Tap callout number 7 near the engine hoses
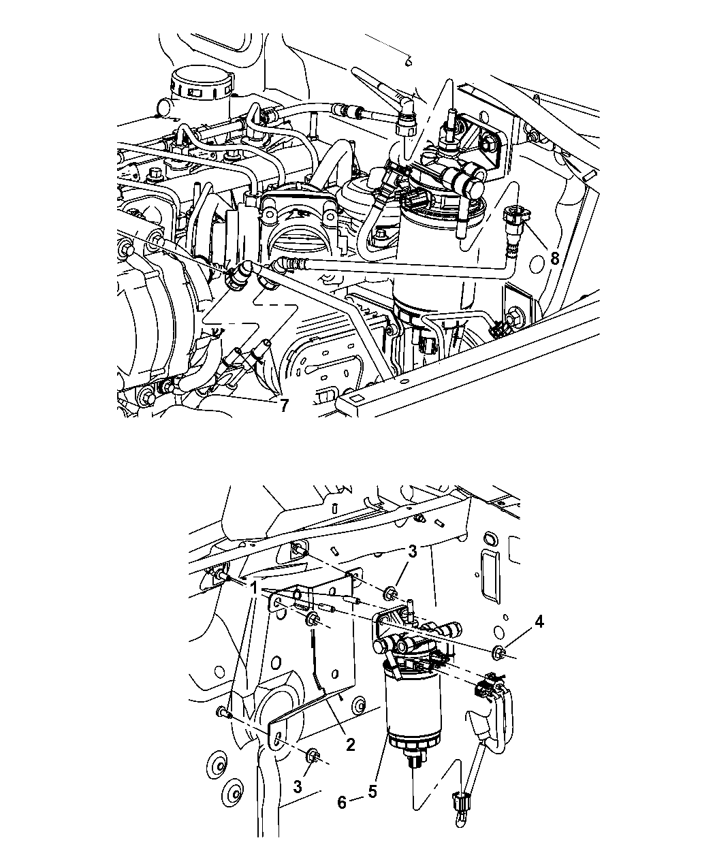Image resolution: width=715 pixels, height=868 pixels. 282,406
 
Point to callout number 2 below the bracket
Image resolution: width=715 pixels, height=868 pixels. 350,745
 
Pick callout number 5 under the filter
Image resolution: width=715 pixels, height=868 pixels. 372,792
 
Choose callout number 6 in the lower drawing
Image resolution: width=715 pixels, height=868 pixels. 343,803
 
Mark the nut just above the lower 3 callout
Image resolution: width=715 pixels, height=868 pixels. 314,755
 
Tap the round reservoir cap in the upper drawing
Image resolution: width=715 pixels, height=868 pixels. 198,85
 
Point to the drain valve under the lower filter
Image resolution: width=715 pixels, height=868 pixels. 413,761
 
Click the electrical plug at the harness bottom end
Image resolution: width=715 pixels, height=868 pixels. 461,805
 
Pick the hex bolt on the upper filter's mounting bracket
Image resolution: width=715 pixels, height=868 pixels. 490,145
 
